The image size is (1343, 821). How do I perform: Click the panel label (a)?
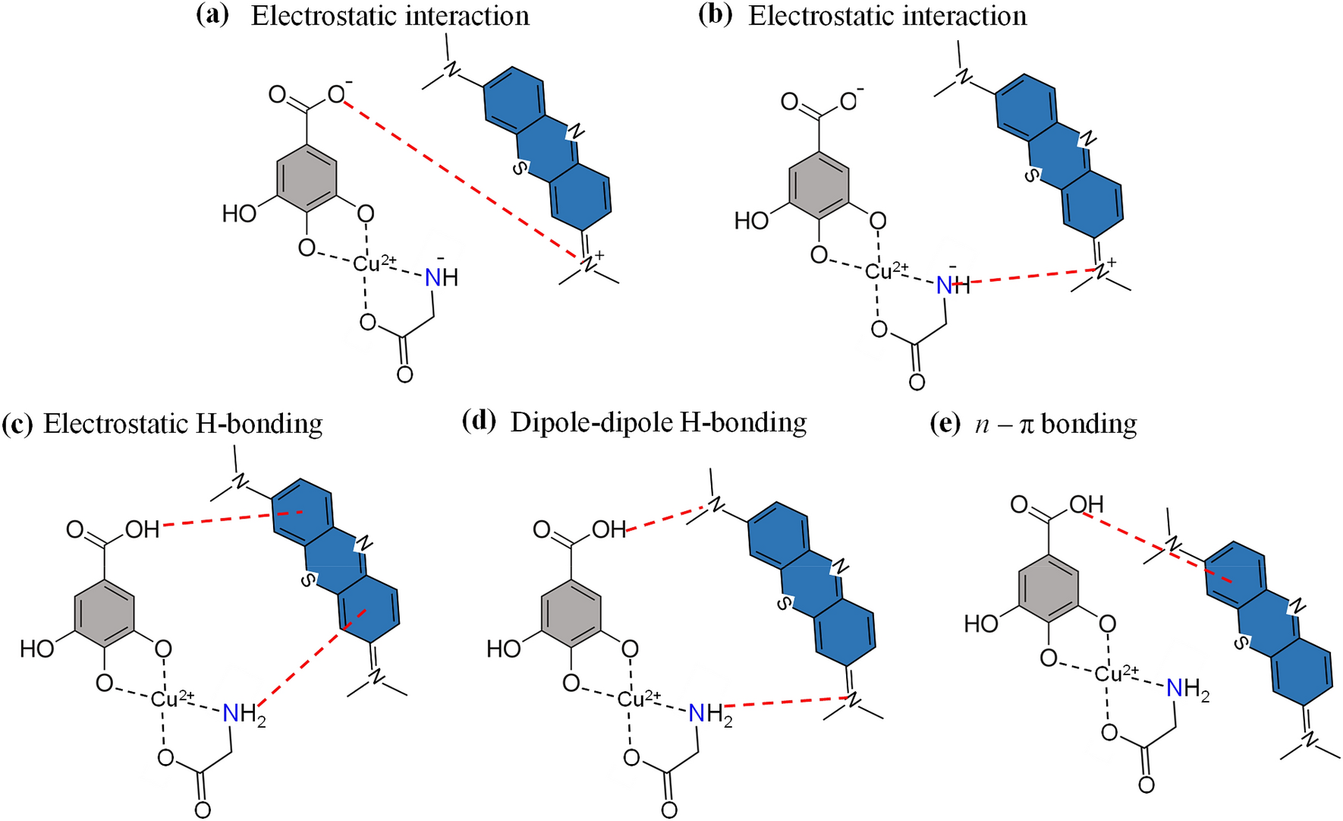(x=212, y=16)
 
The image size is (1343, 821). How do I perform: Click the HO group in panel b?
(x=752, y=221)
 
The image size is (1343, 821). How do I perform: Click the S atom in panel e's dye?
(x=1241, y=643)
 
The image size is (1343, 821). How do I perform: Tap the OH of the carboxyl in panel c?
(x=142, y=529)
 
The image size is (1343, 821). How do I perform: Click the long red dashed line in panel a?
(x=463, y=179)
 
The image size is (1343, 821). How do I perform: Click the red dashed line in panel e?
(x=1153, y=546)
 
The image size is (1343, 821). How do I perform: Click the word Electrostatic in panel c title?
(x=115, y=424)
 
